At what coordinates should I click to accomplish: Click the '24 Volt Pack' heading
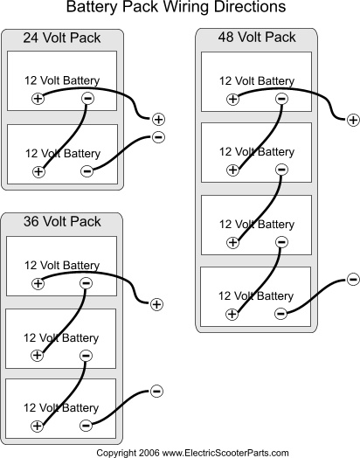click(x=62, y=38)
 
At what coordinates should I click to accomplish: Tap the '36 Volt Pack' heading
click(x=62, y=221)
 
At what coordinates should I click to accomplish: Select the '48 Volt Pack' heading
click(x=257, y=37)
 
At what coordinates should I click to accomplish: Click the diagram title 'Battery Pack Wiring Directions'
click(x=176, y=7)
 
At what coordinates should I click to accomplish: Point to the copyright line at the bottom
click(x=192, y=453)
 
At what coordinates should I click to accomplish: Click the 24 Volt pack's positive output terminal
click(x=158, y=119)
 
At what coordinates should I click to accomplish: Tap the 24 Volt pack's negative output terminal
click(x=158, y=137)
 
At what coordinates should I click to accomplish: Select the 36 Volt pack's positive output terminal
click(x=156, y=304)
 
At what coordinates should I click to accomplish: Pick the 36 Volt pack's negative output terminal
click(x=156, y=391)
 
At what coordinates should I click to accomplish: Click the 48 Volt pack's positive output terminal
click(x=353, y=120)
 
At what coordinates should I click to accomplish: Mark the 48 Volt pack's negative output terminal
click(x=353, y=280)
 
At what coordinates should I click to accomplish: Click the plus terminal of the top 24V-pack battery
click(x=38, y=99)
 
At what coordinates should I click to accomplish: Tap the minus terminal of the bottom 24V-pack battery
click(x=87, y=170)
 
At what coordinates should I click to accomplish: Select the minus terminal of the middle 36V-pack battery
click(x=86, y=356)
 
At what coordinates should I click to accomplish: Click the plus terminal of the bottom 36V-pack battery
click(x=37, y=426)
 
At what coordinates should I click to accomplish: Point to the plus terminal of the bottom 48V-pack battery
click(x=232, y=314)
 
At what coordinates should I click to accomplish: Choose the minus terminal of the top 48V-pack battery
click(x=281, y=99)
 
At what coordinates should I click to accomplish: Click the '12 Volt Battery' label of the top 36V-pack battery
click(x=62, y=265)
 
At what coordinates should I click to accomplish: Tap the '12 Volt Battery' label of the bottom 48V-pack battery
click(x=256, y=296)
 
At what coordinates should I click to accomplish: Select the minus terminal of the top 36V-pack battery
click(x=87, y=283)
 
